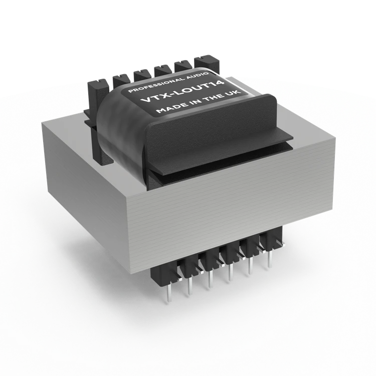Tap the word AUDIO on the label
coord(198,74)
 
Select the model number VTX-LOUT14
coord(182,92)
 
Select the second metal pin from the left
coord(190,287)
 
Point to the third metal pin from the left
coord(210,279)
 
